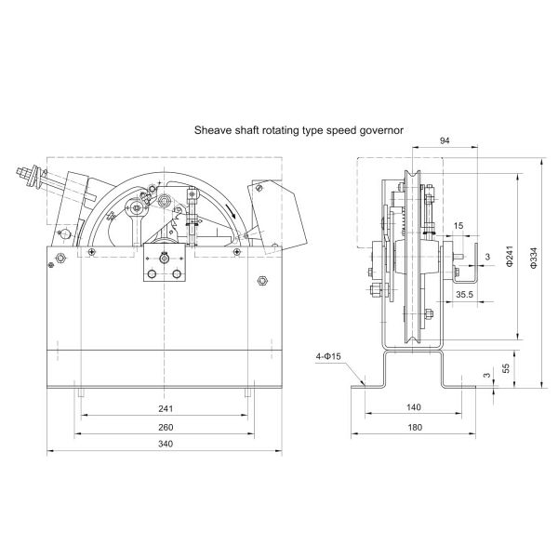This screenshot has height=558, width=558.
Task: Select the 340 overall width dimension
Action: click(x=166, y=444)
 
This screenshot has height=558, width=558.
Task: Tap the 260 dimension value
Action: click(x=166, y=426)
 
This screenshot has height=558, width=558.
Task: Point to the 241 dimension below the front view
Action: click(x=166, y=408)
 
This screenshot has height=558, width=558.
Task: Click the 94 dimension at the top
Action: click(x=444, y=139)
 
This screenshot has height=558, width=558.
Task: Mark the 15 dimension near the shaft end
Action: click(x=459, y=227)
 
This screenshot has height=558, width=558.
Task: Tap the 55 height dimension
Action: click(x=507, y=369)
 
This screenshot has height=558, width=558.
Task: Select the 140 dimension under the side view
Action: click(x=414, y=408)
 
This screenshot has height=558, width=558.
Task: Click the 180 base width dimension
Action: click(x=414, y=426)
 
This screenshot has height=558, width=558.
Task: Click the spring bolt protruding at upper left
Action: click(x=28, y=174)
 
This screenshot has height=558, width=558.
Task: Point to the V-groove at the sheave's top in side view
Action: click(x=411, y=178)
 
